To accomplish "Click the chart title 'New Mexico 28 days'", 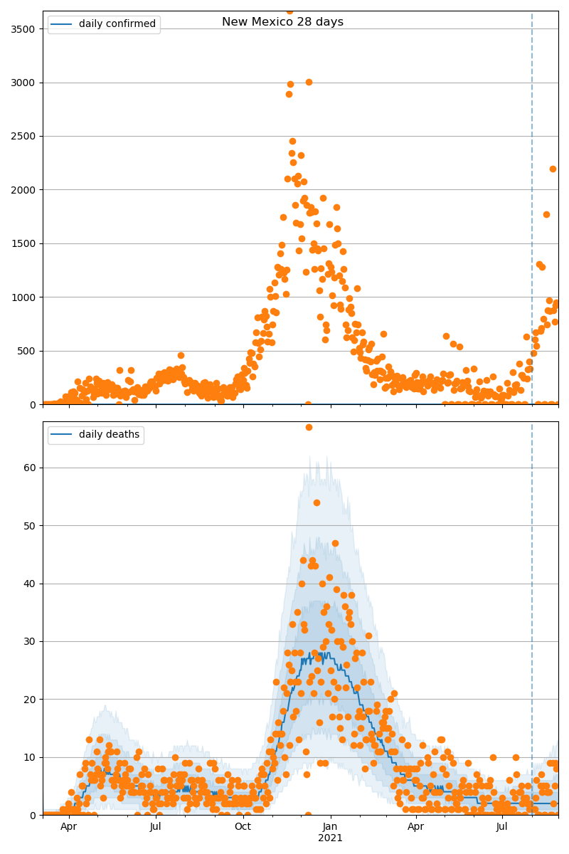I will pos(282,22).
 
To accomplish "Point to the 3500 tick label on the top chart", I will pos(26,29).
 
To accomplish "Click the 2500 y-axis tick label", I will pos(26,136).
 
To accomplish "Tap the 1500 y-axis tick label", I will pos(26,243).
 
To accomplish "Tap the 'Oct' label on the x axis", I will pos(243,826).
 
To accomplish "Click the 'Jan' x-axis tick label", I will pos(330,826).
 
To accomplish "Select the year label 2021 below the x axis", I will pos(330,838).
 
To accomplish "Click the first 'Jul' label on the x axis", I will pos(156,826).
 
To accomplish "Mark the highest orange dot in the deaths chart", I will pos(309,427).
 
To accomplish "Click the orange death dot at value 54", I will pos(317,502).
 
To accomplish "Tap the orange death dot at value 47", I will pos(335,543).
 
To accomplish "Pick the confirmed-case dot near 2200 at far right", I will pos(553,169).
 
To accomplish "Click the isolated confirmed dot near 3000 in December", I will pos(309,82).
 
